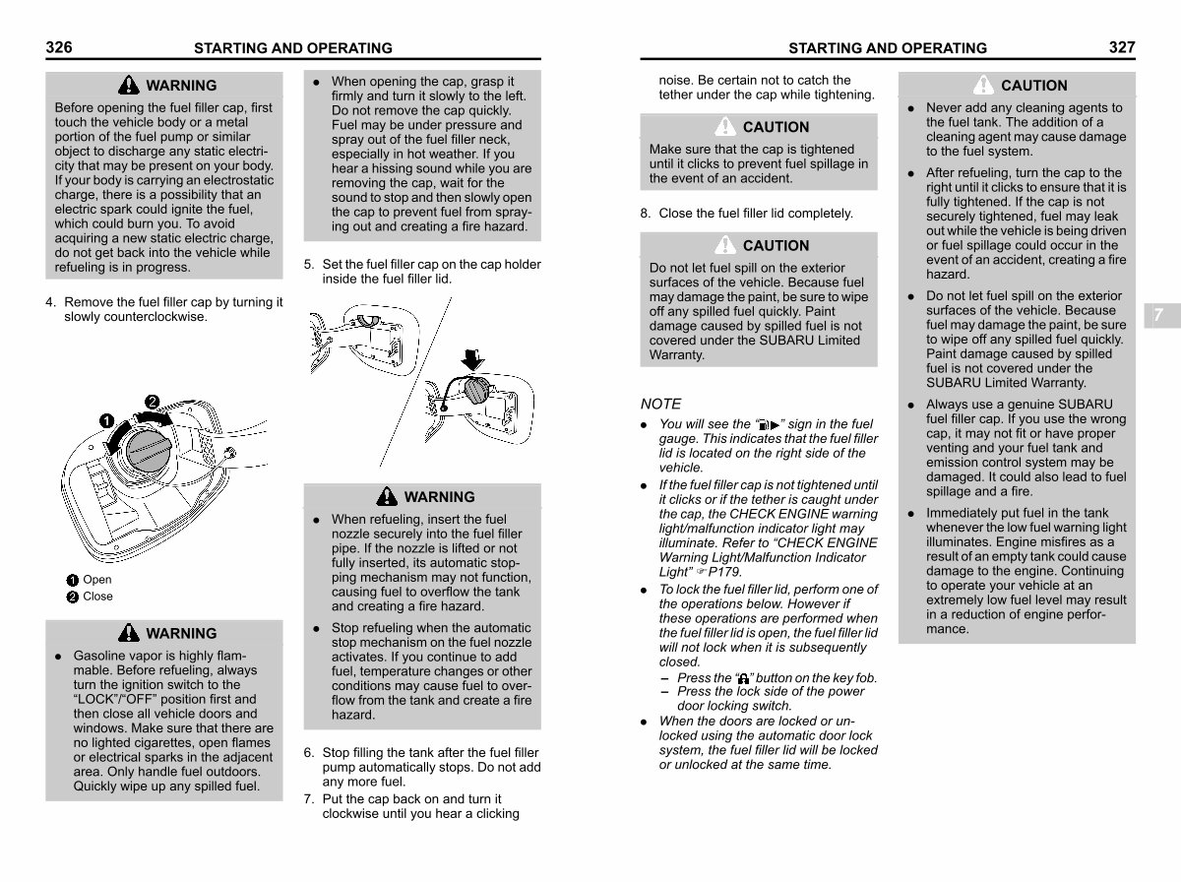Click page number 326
tap(59, 46)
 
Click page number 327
tap(1121, 46)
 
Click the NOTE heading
tap(660, 404)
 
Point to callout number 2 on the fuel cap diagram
tap(153, 401)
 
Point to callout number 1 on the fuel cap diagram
tap(105, 421)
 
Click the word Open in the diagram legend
tap(97, 580)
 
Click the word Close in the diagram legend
tap(97, 597)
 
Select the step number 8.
tap(645, 214)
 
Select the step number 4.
tap(50, 303)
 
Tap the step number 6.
tap(309, 753)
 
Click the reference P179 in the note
tap(724, 572)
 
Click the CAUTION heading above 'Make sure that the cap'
tap(776, 127)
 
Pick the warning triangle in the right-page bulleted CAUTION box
tap(983, 85)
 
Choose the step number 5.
tap(309, 265)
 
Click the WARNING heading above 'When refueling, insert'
tap(439, 497)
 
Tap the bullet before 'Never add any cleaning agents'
tap(911, 108)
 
